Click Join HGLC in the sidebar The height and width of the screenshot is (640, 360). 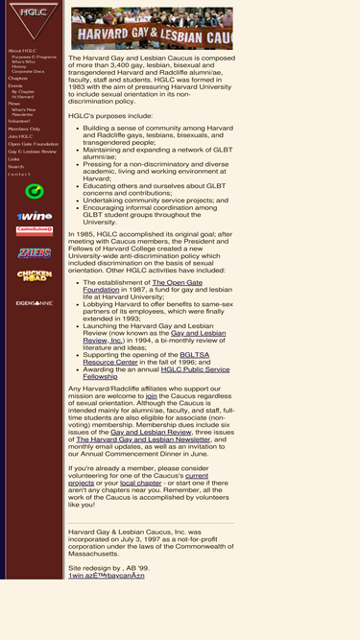pyautogui.click(x=20, y=136)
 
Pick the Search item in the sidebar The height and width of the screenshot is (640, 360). pyautogui.click(x=15, y=167)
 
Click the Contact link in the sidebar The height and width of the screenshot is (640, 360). pyautogui.click(x=19, y=174)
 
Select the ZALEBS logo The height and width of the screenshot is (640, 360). pyautogui.click(x=28, y=251)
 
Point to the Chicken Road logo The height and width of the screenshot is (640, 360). pyautogui.click(x=28, y=276)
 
